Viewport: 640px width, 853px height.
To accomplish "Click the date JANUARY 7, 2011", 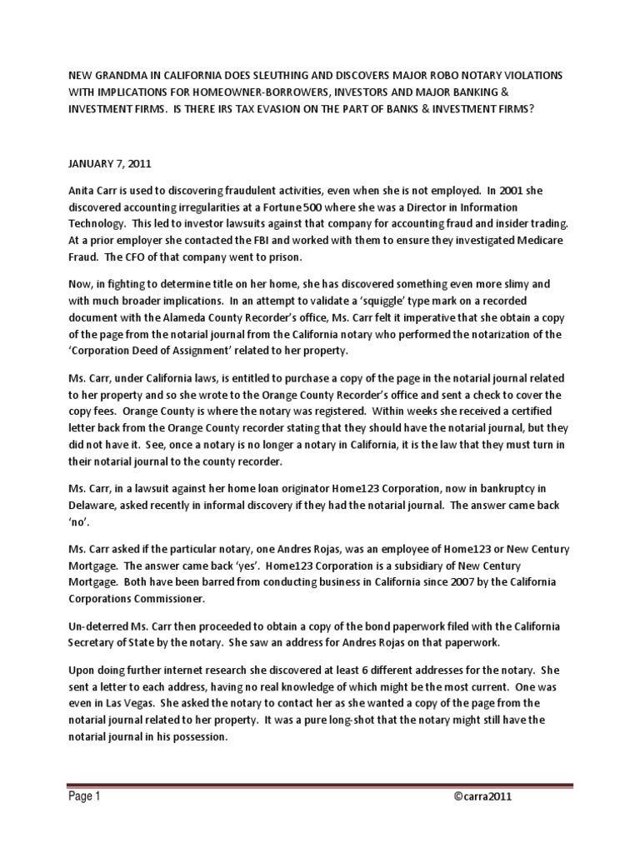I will point(104,166).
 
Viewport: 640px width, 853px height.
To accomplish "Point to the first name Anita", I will point(82,191).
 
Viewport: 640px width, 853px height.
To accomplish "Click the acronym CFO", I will point(121,257).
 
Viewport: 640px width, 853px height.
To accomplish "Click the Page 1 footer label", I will point(85,796).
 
